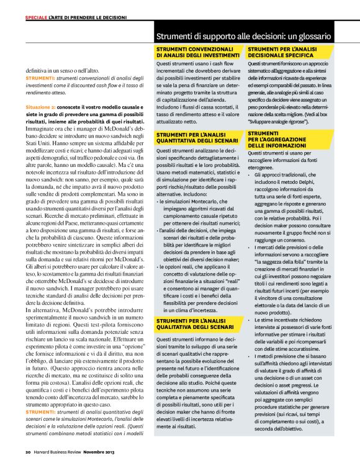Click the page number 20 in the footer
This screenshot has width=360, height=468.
point(28,452)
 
